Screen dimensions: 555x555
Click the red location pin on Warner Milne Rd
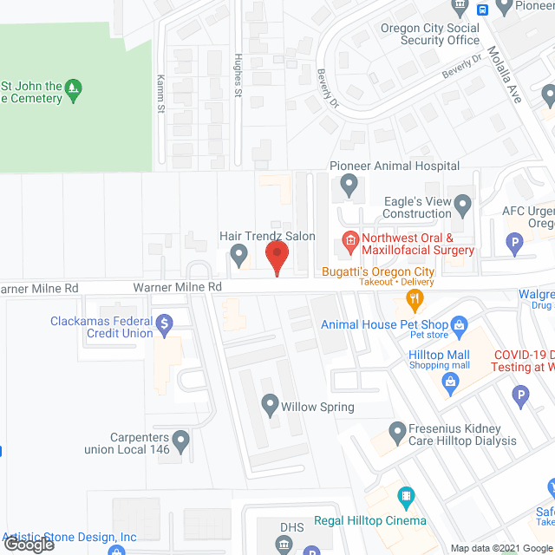coord(276,257)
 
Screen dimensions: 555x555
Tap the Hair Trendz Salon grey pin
coord(239,255)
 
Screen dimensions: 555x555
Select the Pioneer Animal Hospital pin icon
coord(349,184)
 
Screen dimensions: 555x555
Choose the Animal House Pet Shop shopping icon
coord(461,327)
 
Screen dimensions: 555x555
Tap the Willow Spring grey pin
coord(270,404)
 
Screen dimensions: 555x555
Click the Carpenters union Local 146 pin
coord(180,442)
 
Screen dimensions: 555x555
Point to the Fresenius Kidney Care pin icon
coord(397,431)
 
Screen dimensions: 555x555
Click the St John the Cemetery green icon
coord(75,87)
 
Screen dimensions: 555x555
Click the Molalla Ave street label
coord(504,76)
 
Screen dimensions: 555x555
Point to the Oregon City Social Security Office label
coord(430,34)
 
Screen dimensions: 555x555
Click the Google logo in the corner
coord(29,544)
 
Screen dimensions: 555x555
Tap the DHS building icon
coord(283,545)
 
